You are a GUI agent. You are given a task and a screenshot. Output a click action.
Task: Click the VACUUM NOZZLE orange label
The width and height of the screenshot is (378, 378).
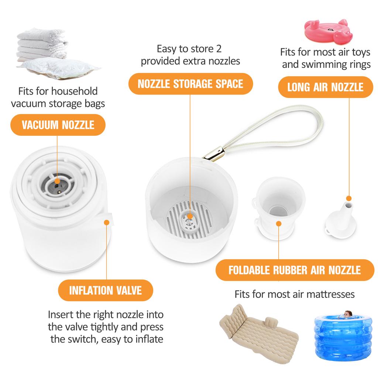(x=58, y=124)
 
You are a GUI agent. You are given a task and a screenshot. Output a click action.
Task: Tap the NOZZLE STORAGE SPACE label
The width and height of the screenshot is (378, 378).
(x=190, y=84)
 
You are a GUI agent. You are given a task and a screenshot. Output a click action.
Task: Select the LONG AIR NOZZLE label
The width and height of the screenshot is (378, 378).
(x=325, y=87)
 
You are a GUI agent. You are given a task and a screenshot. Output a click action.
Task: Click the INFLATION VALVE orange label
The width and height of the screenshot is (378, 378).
(x=105, y=290)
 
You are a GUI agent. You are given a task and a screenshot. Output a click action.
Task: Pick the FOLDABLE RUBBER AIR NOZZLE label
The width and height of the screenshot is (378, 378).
(x=295, y=270)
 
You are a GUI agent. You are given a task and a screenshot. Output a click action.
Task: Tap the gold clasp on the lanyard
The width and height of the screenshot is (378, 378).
(x=215, y=155)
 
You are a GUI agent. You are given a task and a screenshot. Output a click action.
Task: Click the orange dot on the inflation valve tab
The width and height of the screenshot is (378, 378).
(x=107, y=222)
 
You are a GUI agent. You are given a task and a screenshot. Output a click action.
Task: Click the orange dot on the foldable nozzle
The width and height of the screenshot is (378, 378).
(x=279, y=223)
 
